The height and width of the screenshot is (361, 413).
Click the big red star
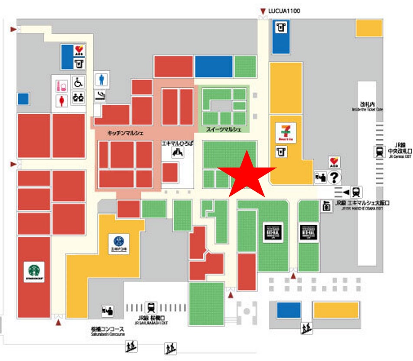246,176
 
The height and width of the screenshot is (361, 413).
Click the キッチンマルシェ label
125,132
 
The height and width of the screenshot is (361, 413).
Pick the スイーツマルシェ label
223,129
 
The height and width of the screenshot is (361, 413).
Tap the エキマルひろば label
177,143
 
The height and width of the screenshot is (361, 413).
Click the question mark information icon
334,177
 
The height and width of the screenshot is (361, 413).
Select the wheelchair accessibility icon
78,82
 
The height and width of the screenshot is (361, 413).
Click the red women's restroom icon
62,99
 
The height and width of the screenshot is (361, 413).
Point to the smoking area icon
101,95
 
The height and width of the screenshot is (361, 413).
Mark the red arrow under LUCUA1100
262,11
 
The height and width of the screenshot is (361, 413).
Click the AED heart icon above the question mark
334,162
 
